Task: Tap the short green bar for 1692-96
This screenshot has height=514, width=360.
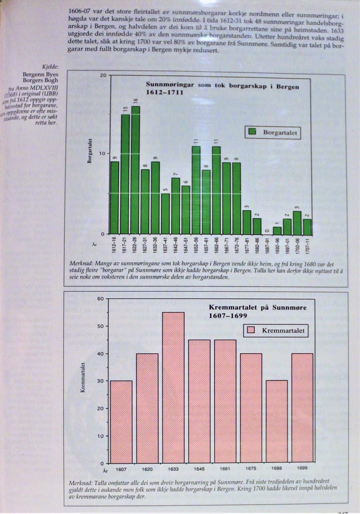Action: coord(277,230)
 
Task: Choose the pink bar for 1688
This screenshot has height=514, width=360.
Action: coord(277,422)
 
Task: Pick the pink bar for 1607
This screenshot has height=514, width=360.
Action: coord(121,422)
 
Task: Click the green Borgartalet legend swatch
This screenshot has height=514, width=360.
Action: coord(252,132)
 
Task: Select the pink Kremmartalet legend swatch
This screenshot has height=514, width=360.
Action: coord(251,330)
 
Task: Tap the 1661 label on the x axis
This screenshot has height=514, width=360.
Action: coord(225,469)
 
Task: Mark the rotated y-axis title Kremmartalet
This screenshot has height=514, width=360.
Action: coord(83,378)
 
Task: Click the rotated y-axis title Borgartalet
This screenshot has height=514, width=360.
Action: coord(90,151)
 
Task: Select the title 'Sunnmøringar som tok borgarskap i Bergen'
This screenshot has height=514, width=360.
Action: coord(222,86)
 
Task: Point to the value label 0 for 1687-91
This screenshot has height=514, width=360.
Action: coord(267,231)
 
